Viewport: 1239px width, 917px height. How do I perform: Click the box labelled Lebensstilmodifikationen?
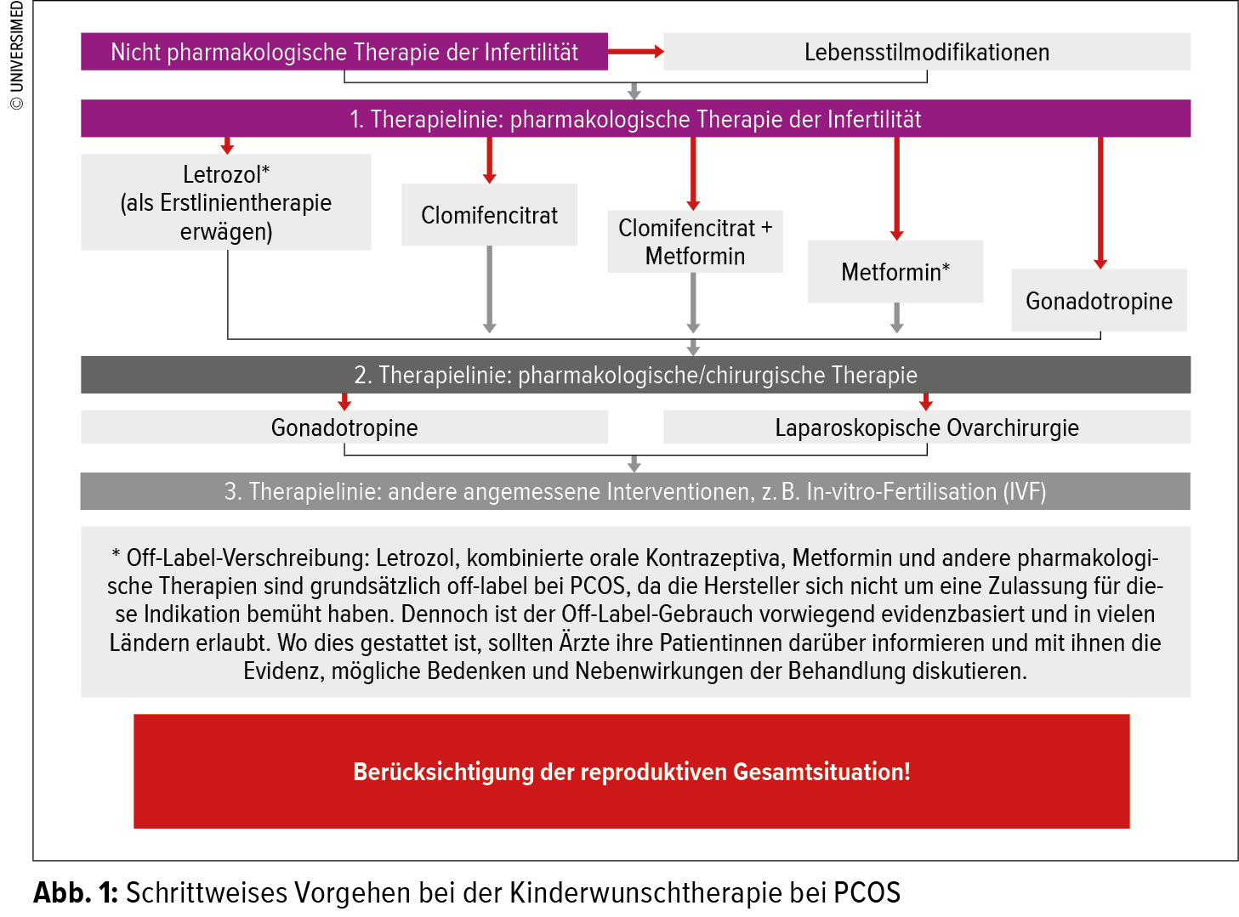coord(927,51)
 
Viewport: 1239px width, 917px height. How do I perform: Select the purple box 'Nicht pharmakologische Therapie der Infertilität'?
coord(344,51)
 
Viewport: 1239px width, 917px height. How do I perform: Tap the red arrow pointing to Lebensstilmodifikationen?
coord(636,51)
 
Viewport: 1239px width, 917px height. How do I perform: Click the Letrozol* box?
coord(226,202)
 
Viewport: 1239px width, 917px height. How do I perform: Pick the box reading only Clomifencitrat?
coord(489,215)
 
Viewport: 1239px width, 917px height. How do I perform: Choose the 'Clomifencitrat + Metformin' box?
coord(695,242)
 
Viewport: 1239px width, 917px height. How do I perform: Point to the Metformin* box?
coord(895,272)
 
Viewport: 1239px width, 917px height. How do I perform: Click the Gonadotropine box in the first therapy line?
coord(1099,301)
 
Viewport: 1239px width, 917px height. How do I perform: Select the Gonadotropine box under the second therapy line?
coord(344,427)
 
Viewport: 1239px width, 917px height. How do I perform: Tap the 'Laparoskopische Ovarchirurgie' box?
coord(927,427)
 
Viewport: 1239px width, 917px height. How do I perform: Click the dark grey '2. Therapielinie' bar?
coord(636,375)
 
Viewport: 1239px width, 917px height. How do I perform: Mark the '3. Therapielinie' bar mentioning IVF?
coord(635,491)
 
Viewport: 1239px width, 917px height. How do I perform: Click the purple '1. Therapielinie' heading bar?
coord(636,118)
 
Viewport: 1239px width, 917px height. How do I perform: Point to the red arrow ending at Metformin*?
coord(896,189)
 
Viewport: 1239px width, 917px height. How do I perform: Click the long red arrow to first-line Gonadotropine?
coord(1100,203)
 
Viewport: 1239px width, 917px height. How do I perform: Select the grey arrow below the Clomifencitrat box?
coord(489,290)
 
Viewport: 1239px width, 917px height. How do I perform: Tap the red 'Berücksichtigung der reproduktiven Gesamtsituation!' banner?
coord(631,771)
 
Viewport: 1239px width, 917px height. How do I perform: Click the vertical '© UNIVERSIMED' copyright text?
coord(17,55)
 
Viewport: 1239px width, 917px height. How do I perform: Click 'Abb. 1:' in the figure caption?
coord(76,892)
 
